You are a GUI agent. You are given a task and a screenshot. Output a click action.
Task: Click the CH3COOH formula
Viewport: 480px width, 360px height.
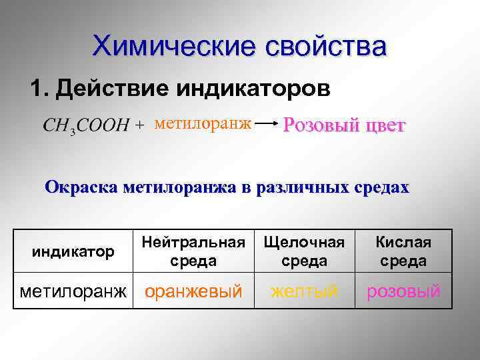(86, 126)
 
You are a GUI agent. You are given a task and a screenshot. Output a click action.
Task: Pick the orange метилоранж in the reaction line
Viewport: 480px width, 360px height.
(202, 123)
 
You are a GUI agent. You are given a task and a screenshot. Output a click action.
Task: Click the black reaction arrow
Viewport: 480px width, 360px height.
(267, 124)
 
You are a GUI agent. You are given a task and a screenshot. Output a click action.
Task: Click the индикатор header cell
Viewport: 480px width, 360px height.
(73, 251)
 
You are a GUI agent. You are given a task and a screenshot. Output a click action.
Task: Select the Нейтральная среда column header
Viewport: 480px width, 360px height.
(193, 251)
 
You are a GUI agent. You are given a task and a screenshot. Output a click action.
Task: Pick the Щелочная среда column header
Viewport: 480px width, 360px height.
(305, 251)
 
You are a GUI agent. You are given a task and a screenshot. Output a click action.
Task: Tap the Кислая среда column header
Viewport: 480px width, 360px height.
(404, 251)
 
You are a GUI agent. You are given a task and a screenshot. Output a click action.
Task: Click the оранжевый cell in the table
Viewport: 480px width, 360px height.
(193, 291)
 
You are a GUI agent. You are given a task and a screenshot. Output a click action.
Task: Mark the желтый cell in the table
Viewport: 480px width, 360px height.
(305, 291)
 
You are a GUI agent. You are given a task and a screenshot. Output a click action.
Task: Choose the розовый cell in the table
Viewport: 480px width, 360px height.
(404, 291)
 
